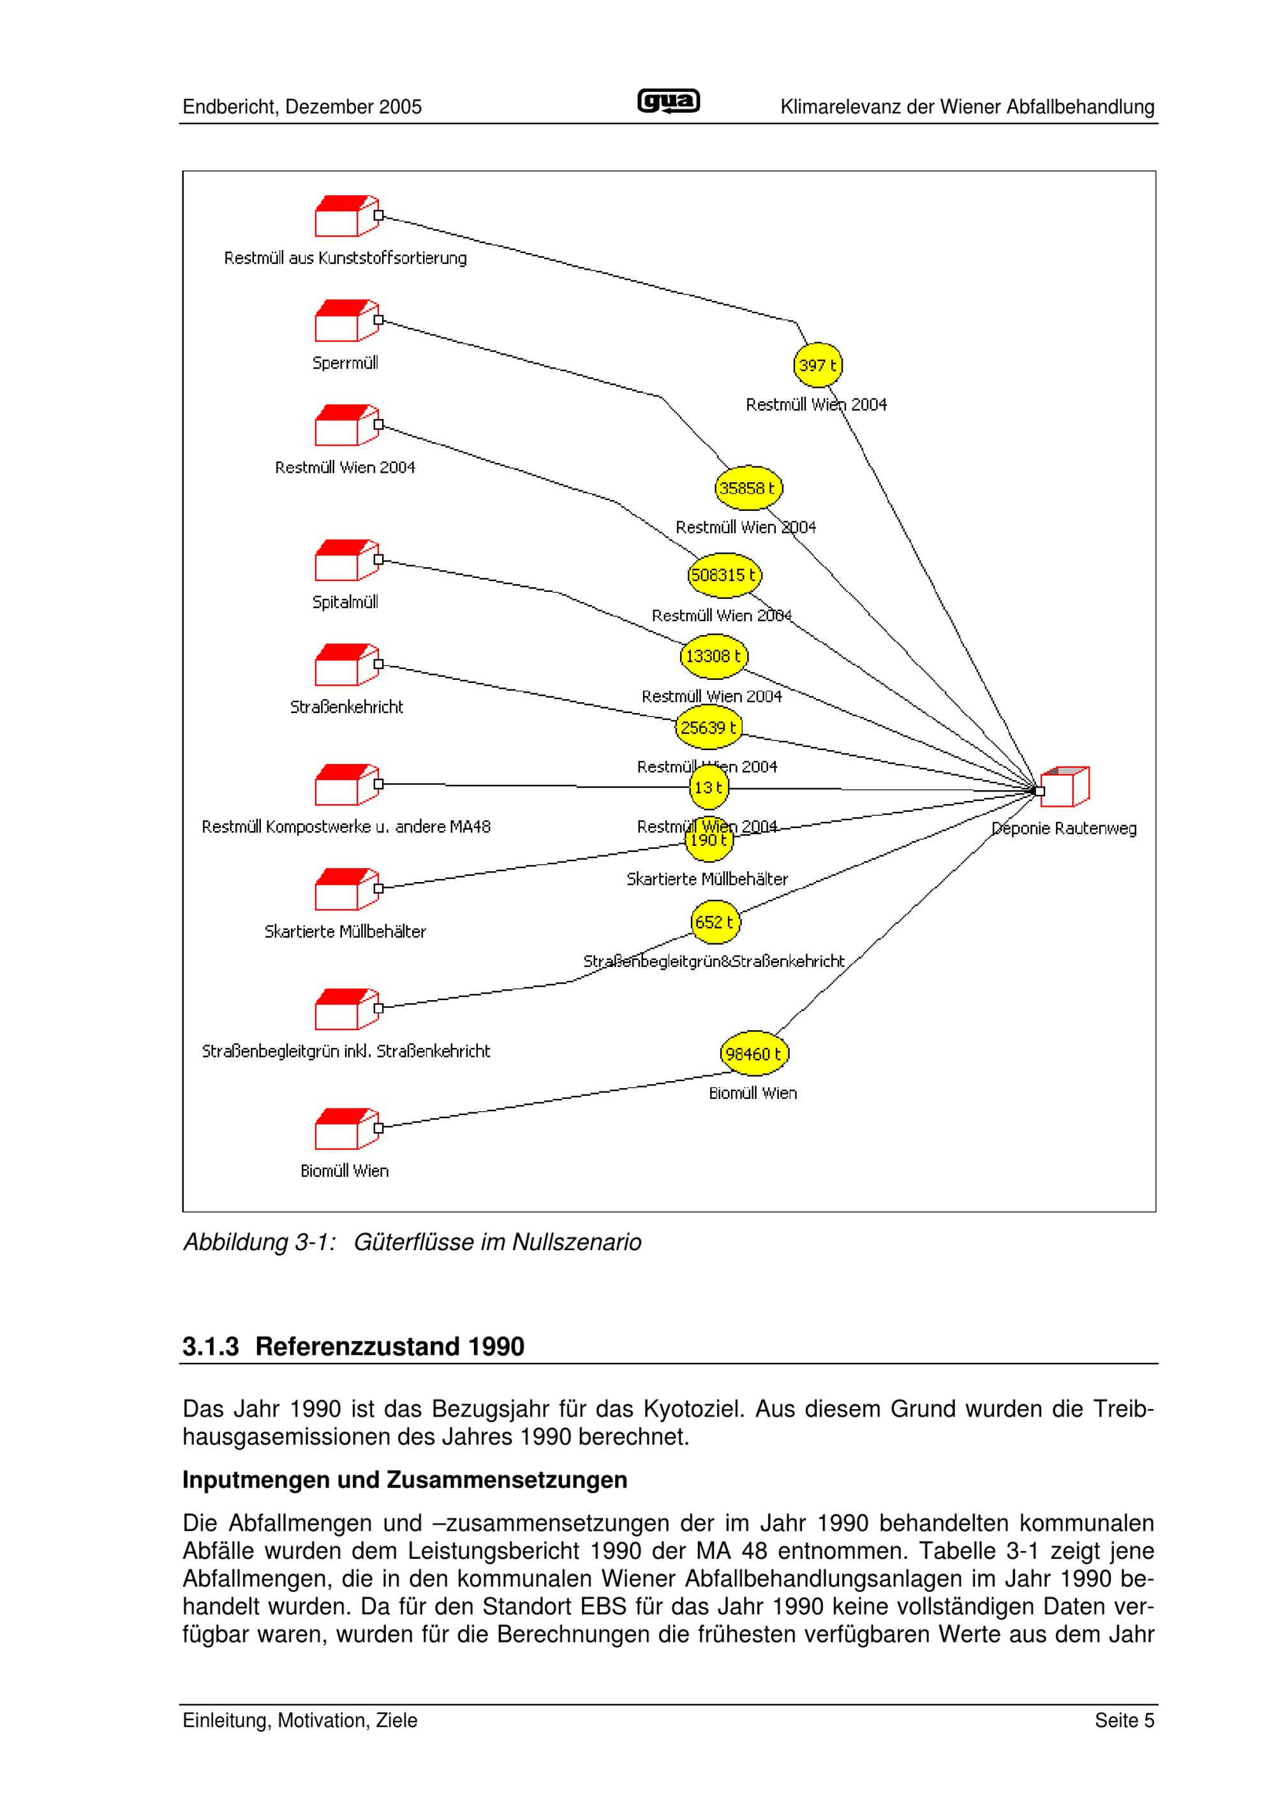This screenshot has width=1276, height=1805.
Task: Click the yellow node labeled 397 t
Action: tap(818, 365)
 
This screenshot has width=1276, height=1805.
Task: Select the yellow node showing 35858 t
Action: tap(748, 488)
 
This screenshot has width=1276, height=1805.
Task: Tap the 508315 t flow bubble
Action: tap(724, 575)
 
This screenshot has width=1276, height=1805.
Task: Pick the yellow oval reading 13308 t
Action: tap(713, 656)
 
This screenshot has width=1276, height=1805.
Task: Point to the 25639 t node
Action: tap(708, 728)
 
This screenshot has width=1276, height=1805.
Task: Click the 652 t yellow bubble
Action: tap(715, 922)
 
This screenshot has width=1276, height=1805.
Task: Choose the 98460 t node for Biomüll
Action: tap(754, 1054)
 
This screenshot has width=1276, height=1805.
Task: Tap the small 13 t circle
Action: tap(708, 788)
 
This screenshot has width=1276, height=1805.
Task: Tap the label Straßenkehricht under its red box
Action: tap(346, 707)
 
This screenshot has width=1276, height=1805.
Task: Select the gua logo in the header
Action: tap(667, 102)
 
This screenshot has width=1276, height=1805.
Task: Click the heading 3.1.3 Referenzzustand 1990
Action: tap(353, 1346)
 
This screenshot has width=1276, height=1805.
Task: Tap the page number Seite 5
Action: tap(1124, 1721)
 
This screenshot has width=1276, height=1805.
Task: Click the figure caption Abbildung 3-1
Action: tap(412, 1242)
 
